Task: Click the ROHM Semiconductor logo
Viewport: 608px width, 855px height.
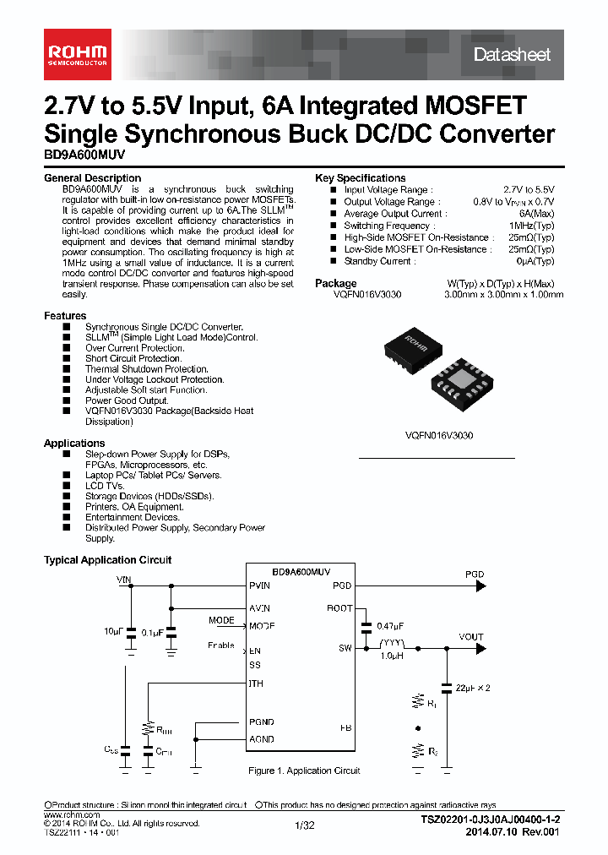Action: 75,54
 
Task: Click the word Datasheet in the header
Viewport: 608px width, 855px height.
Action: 512,55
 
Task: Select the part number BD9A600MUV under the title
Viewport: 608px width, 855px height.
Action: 78,155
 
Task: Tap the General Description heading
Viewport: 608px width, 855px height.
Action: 92,178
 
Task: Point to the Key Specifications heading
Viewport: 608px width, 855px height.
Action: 360,178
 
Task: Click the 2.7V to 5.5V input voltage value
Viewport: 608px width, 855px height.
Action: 529,190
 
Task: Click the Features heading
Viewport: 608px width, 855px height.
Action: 65,316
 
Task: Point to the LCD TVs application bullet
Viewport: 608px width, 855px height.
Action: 105,486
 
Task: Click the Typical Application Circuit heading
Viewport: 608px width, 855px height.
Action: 107,560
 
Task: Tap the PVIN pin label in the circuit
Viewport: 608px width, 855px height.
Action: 260,585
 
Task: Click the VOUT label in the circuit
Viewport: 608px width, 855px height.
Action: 471,637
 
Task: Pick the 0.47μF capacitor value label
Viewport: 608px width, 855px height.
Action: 389,626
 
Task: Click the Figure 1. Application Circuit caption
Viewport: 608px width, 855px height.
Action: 304,771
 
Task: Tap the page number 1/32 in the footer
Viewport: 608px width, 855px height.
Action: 304,825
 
